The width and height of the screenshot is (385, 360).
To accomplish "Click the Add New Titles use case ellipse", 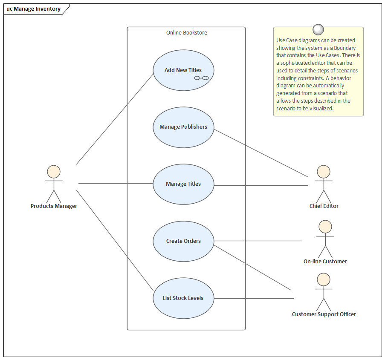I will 183,64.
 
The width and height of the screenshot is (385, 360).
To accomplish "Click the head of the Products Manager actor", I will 54,172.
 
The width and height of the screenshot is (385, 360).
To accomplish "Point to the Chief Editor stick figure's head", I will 324,172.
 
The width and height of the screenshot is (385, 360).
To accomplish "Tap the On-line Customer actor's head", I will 325,227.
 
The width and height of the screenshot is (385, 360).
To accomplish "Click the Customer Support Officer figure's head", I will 324,279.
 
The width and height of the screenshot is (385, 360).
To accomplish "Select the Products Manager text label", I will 54,206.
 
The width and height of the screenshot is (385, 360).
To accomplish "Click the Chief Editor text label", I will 324,206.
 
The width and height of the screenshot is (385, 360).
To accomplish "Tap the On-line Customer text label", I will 325,262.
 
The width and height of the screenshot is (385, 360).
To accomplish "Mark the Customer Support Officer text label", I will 324,314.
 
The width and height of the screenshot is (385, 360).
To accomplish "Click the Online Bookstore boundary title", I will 186,33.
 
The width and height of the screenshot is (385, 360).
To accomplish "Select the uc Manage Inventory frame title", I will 34,9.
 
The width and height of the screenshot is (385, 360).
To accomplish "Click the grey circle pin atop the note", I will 318,29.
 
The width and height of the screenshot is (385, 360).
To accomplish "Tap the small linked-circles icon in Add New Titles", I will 201,78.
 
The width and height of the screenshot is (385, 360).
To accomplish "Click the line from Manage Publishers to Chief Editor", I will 261,153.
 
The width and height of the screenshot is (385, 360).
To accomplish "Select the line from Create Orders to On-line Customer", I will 258,241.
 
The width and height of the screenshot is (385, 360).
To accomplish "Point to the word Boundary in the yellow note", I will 345,48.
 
